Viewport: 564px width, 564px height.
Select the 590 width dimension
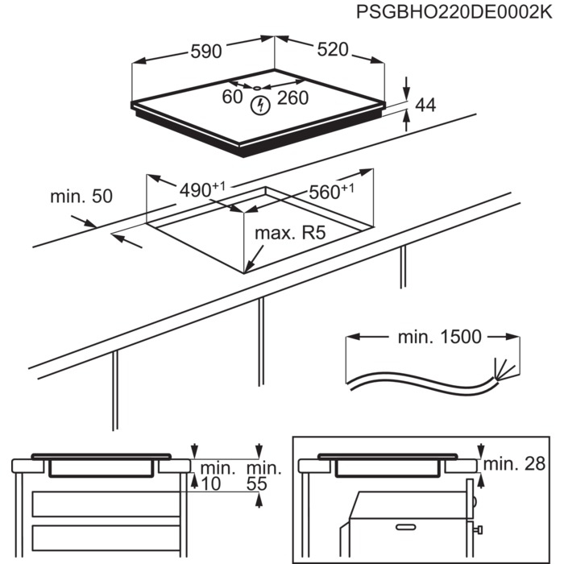click(x=205, y=51)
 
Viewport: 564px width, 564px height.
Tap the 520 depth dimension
click(x=332, y=50)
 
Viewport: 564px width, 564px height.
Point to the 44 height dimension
click(x=425, y=106)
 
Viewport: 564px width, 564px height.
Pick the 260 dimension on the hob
click(x=292, y=98)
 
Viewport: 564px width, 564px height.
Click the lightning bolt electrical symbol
click(x=260, y=105)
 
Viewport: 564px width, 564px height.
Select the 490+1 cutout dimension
click(x=201, y=190)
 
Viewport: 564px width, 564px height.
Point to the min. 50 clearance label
click(x=81, y=196)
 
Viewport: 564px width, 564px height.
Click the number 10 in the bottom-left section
click(x=210, y=483)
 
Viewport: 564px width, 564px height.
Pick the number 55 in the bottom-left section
click(x=257, y=483)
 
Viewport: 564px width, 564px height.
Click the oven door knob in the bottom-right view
click(x=478, y=529)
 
